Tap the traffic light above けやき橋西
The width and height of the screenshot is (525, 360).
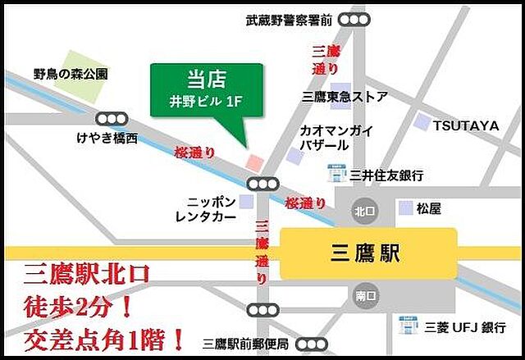point(112,119)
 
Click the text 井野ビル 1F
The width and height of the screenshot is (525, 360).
point(207,105)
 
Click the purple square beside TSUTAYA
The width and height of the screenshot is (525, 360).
point(422,123)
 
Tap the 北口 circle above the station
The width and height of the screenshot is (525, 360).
point(364,209)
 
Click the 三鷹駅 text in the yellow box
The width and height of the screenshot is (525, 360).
point(368,253)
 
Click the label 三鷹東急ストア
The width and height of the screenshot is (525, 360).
point(345,97)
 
